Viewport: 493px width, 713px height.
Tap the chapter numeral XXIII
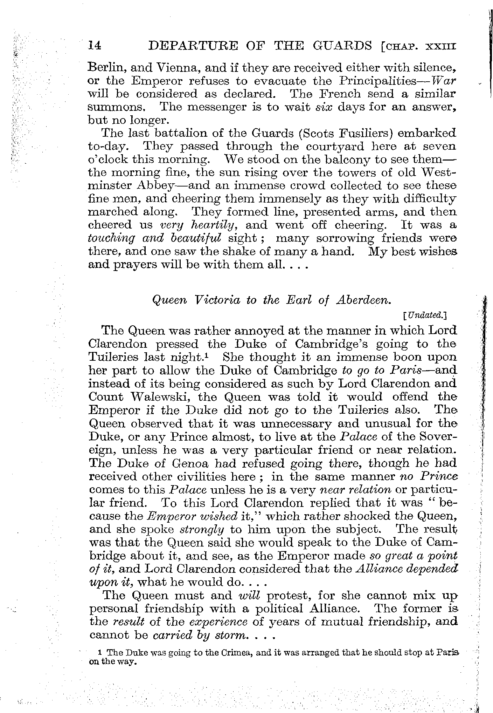coord(439,47)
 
